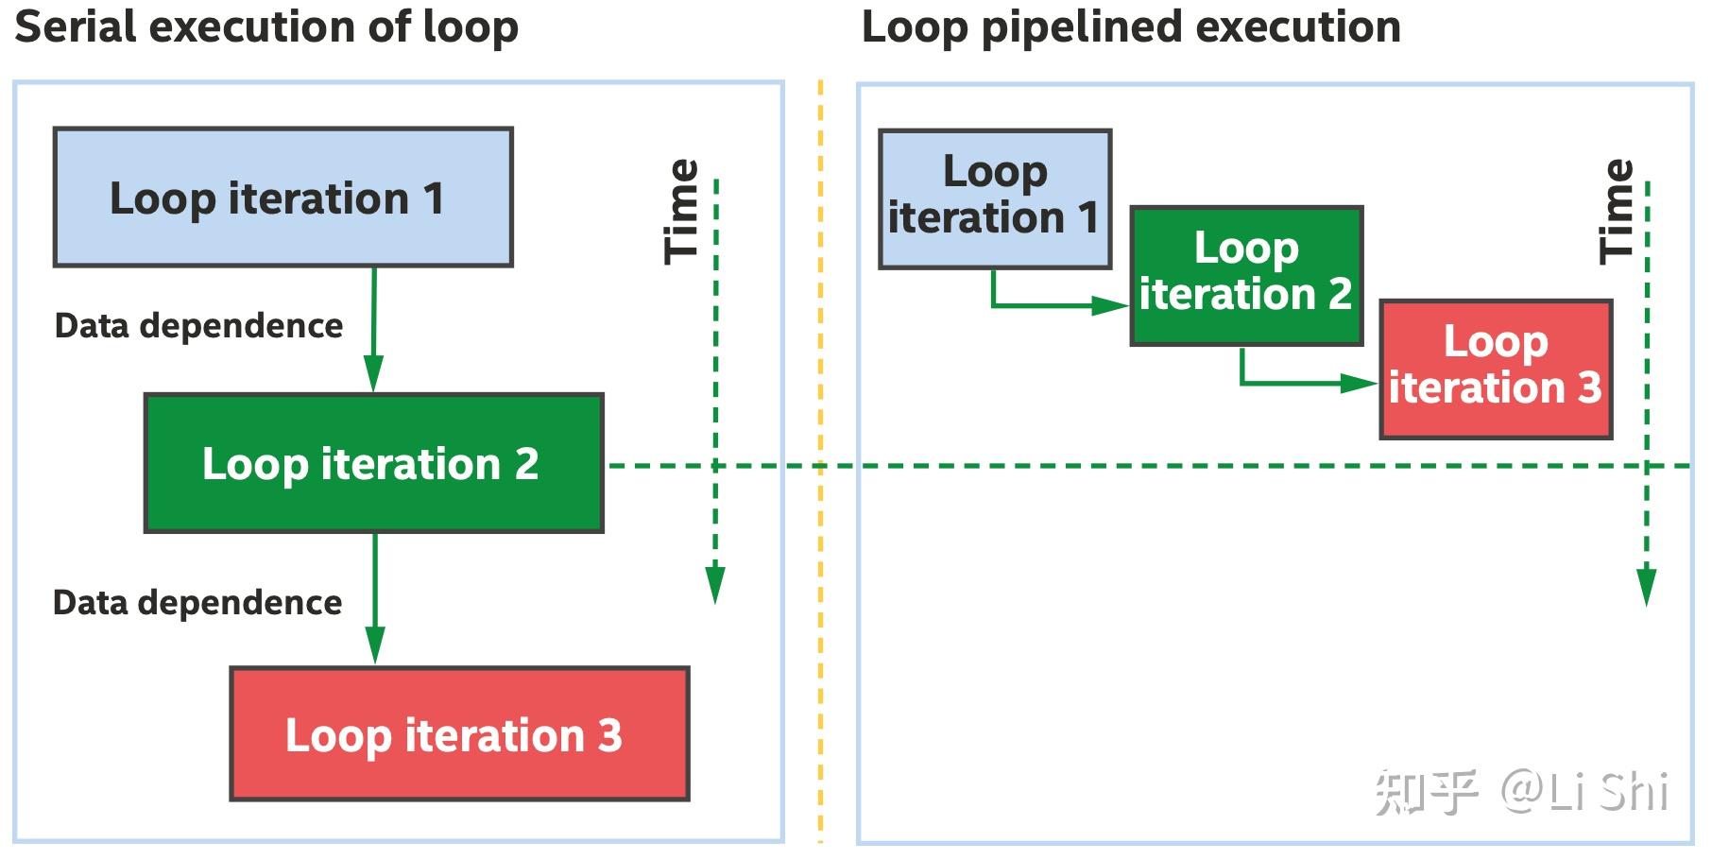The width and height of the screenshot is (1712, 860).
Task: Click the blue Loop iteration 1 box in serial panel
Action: [x=282, y=197]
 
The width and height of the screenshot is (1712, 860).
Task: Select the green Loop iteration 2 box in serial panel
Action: [x=373, y=463]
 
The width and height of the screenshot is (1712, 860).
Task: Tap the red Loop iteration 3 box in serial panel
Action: [x=459, y=733]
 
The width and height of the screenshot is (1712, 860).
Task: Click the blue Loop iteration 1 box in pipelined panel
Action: [x=994, y=198]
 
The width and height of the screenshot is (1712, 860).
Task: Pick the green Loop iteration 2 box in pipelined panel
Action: [x=1245, y=274]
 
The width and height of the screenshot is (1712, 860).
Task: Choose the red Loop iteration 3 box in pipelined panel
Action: [x=1495, y=369]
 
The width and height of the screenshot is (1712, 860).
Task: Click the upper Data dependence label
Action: [x=198, y=325]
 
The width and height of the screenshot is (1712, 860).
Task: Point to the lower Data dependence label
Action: [x=197, y=602]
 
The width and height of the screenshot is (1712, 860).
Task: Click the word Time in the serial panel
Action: [x=681, y=211]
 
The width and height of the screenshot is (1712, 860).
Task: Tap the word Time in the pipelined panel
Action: [x=1616, y=211]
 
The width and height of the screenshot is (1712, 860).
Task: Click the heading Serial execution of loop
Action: [x=266, y=26]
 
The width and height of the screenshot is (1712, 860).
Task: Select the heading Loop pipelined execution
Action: [x=1130, y=26]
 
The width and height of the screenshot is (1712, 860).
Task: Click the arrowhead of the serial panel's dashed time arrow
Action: [x=715, y=584]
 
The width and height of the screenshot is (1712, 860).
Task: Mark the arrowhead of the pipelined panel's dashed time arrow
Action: [x=1646, y=586]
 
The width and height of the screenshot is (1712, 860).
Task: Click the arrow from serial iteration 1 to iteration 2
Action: [x=374, y=326]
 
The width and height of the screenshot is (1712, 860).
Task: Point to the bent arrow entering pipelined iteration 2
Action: [x=1049, y=305]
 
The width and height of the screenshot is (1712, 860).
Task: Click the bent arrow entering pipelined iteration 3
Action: [x=1299, y=383]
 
